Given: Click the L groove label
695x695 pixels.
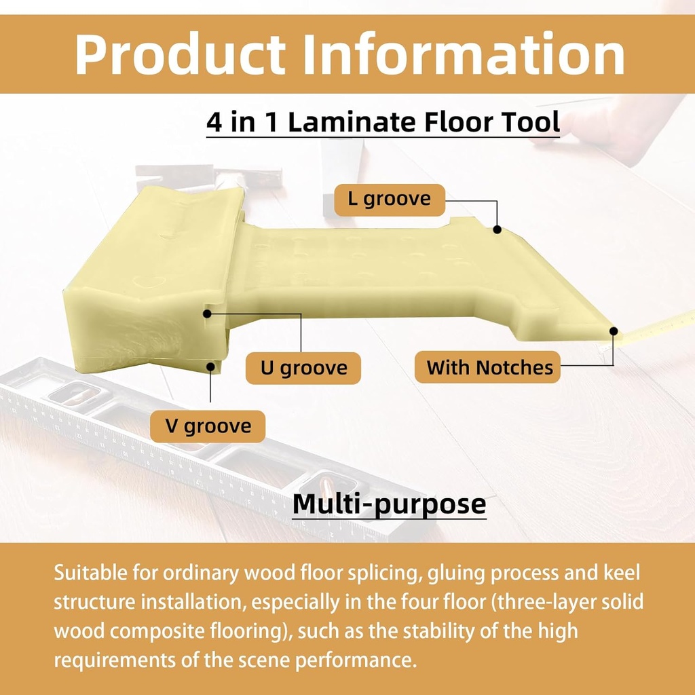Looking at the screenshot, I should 390,200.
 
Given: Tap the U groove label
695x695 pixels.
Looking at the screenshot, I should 303,368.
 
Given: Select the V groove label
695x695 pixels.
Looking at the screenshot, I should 208,426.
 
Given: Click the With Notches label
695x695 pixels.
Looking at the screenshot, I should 489,368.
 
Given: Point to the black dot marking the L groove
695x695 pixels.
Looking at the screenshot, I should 497,229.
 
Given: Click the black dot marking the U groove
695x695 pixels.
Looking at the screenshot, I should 207,314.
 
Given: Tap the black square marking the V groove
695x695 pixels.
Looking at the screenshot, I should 210,367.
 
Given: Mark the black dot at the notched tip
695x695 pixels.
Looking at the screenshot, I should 614,331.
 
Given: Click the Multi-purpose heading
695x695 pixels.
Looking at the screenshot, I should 389,504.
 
